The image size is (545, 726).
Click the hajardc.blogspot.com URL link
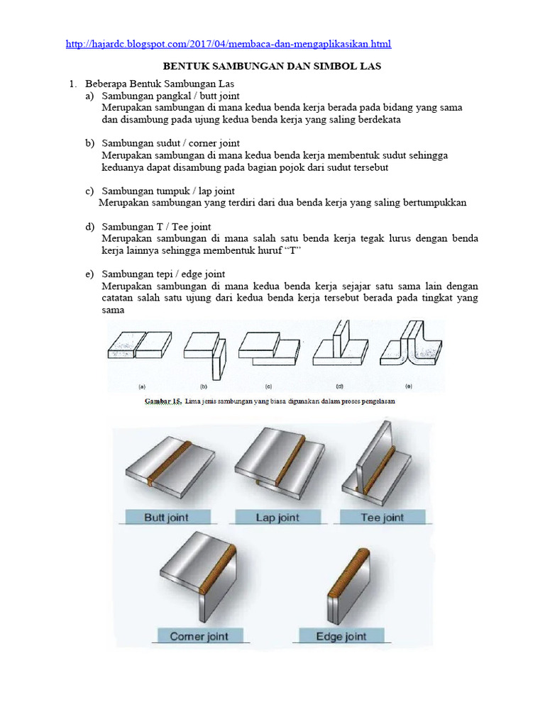pyautogui.click(x=228, y=44)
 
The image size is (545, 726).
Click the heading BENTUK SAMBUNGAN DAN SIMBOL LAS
pyautogui.click(x=272, y=67)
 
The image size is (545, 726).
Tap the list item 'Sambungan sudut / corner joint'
pyautogui.click(x=170, y=143)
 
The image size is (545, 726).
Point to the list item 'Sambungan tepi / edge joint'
pyautogui.click(x=163, y=274)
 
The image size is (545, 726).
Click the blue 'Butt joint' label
pyautogui.click(x=167, y=518)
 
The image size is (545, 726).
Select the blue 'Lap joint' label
pyautogui.click(x=277, y=518)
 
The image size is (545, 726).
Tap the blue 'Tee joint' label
pyautogui.click(x=382, y=518)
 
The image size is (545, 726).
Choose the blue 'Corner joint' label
pyautogui.click(x=199, y=636)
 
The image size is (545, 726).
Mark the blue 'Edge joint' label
pyautogui.click(x=341, y=636)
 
